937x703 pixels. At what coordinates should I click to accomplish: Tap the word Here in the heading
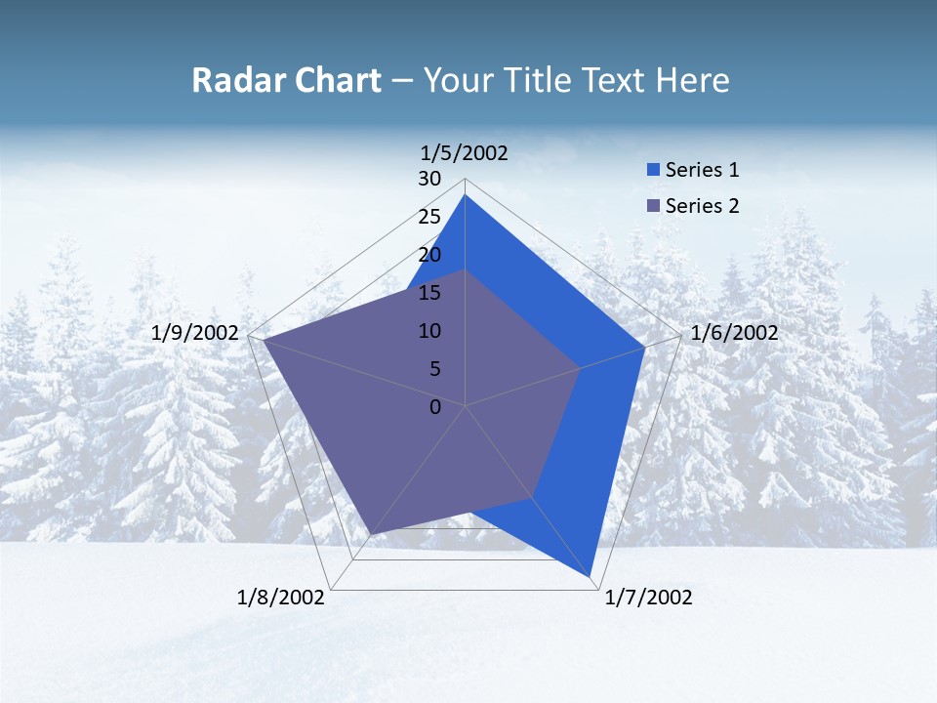[692, 80]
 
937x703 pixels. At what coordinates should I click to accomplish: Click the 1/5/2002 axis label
[465, 152]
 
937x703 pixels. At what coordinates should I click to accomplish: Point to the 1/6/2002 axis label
[734, 333]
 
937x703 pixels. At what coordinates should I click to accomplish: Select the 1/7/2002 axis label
[648, 598]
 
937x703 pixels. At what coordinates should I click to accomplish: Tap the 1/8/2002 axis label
[281, 598]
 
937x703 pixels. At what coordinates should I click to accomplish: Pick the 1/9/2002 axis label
[195, 333]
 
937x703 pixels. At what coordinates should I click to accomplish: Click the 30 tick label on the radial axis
[429, 179]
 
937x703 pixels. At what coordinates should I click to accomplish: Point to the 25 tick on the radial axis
[429, 217]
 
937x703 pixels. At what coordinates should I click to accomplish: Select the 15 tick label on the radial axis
[429, 293]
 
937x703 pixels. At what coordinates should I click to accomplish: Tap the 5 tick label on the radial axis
[434, 369]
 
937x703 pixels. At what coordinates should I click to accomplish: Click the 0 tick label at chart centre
[435, 406]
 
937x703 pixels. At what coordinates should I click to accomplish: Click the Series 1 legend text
[702, 170]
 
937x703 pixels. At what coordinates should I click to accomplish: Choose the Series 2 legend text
[702, 206]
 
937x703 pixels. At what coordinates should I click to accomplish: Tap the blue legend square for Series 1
[653, 171]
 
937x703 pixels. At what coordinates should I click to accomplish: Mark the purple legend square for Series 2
[653, 206]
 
